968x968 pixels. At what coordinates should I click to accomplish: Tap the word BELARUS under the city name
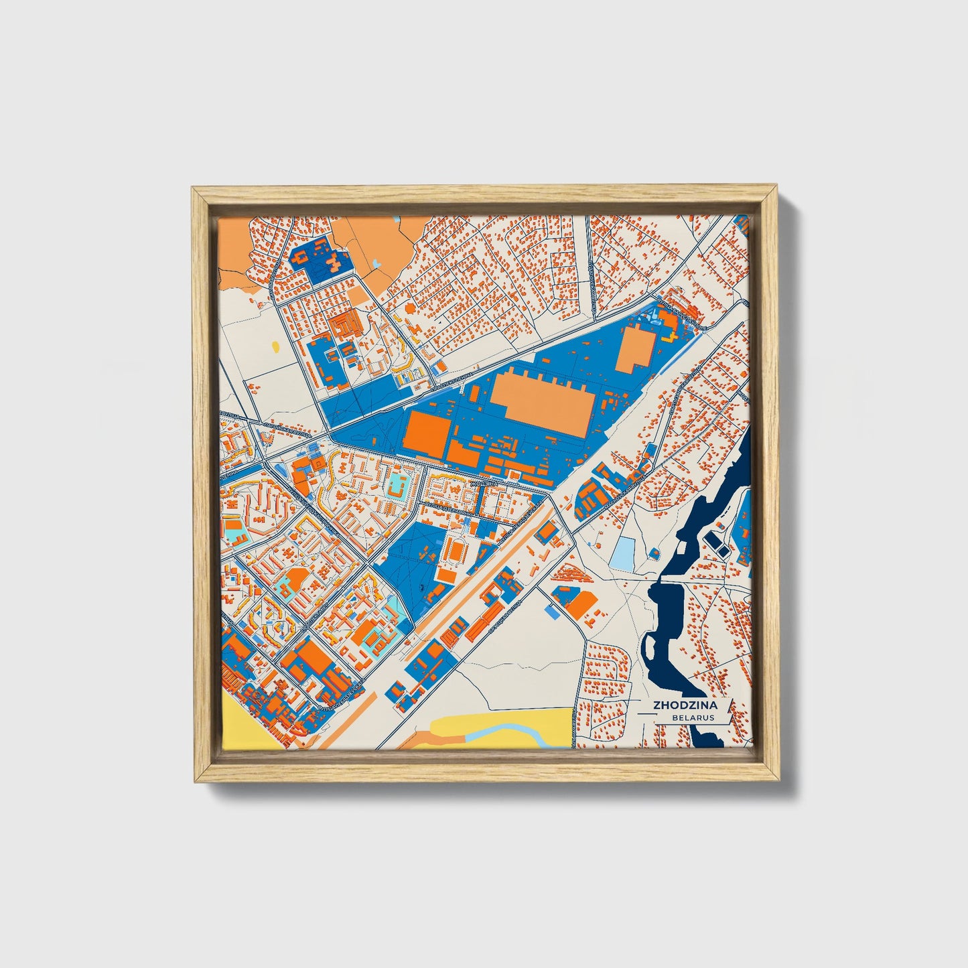pos(695,717)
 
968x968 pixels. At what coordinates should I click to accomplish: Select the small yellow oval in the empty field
pos(276,346)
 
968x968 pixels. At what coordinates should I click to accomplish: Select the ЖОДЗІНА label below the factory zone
pos(484,482)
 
